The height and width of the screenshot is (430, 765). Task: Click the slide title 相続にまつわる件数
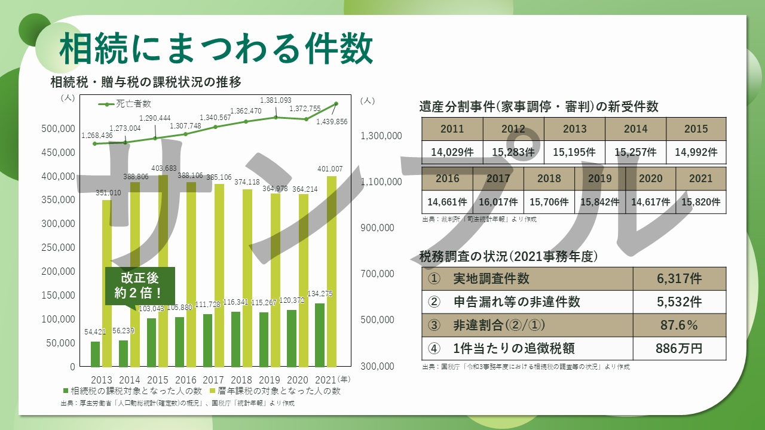tap(216, 49)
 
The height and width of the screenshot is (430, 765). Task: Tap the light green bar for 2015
tap(163, 272)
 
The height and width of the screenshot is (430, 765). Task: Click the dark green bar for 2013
tap(95, 354)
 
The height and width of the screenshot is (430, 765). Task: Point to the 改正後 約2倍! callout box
tap(140, 285)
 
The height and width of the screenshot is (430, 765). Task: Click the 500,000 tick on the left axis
tap(58, 128)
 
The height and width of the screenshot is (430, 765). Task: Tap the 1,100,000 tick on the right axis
tap(381, 182)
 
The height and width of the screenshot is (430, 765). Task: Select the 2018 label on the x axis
tap(241, 380)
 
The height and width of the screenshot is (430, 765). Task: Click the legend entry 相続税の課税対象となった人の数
tap(131, 391)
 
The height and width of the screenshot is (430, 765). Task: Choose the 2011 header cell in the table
tap(452, 129)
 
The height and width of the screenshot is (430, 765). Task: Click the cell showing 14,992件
tap(696, 152)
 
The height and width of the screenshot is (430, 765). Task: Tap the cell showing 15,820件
tap(700, 202)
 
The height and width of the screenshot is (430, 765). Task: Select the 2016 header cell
tap(447, 179)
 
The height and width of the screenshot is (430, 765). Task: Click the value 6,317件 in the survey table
tap(679, 279)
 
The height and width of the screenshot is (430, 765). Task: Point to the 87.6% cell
tap(679, 325)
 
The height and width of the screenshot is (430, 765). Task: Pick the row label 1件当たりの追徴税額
tap(514, 349)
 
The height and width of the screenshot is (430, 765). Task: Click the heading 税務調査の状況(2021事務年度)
tap(509, 257)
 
